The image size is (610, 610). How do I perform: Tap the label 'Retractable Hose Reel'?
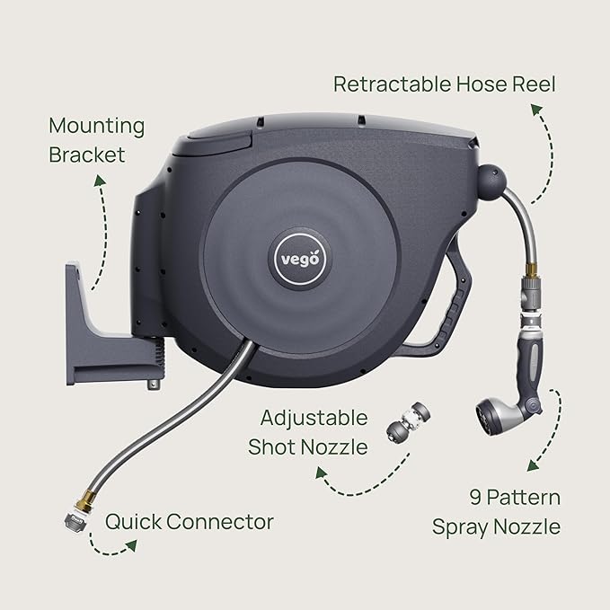coord(444,84)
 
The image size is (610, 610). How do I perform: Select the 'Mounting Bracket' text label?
coord(96,140)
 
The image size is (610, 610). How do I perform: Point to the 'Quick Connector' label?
coord(190,522)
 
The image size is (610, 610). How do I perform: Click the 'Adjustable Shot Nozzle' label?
coord(314,432)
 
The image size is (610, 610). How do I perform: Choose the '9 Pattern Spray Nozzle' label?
coord(496,512)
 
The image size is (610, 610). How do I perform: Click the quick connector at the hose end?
coord(73,524)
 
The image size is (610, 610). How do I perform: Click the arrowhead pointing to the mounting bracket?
coord(96,178)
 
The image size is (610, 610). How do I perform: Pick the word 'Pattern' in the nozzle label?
coord(514,497)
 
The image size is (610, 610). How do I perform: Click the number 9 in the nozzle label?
coord(474,497)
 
